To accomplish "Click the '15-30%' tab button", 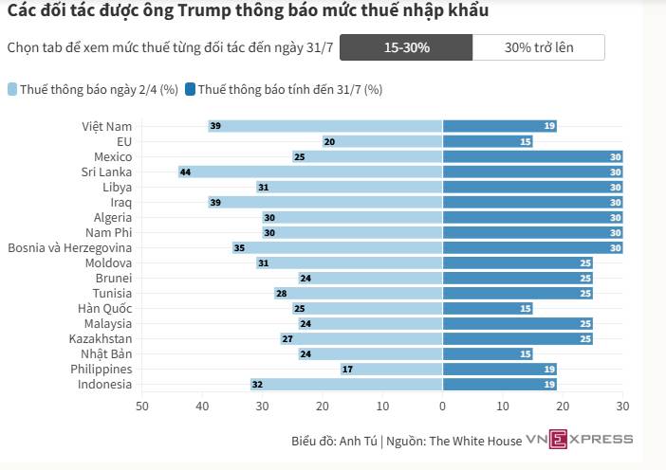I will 405,46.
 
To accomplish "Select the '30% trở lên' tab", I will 538,46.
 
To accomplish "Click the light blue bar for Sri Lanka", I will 310,172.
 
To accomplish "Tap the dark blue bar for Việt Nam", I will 499,126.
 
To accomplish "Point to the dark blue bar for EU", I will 488,141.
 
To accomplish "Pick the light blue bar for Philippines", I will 391,369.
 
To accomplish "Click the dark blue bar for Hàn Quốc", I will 488,308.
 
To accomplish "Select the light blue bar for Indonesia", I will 346,384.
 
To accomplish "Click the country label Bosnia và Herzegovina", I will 69,247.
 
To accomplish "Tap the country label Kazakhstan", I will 101,338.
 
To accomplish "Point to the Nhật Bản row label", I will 107,353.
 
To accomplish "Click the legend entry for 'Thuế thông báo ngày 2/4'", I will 93,90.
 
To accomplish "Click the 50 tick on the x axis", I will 142,407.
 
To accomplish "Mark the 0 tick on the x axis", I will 442,407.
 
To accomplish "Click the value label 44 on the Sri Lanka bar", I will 186,172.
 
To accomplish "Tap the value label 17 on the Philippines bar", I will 348,369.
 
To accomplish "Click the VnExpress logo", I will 579,439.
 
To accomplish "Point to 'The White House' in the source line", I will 475,441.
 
